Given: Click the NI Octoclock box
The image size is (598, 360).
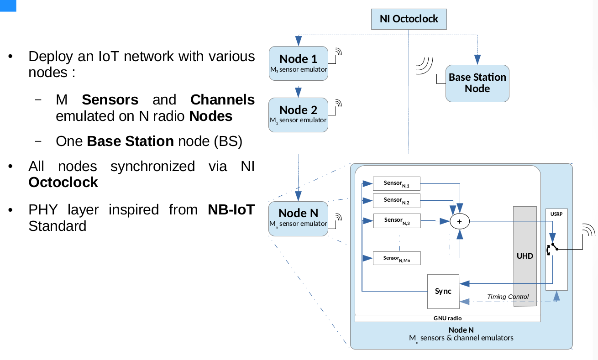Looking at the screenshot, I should point(409,19).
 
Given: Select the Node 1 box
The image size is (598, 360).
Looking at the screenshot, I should point(299,63).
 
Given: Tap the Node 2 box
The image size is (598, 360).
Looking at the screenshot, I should point(298,115).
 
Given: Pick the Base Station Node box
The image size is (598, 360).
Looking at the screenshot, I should point(477,83).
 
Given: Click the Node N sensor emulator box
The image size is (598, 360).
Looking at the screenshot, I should point(298,218).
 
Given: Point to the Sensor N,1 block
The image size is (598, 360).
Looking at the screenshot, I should point(396,184).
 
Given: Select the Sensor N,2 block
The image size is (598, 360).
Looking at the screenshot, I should point(396,201).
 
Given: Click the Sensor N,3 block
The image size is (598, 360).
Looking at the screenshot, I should point(396,221).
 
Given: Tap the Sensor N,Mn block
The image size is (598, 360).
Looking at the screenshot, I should point(396,258).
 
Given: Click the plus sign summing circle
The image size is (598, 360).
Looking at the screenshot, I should point(460,221).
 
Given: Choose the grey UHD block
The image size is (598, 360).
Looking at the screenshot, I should point(525,256).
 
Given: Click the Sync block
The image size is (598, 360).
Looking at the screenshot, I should point(443,291).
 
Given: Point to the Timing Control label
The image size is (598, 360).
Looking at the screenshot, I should point(508,297).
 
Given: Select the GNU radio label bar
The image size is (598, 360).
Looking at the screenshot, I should point(447,318).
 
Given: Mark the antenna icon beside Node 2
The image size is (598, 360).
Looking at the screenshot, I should point(337,105).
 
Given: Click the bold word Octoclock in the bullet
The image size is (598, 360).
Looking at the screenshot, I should point(63,183).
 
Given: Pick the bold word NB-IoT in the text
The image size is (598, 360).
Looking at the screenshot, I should point(231,210).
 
